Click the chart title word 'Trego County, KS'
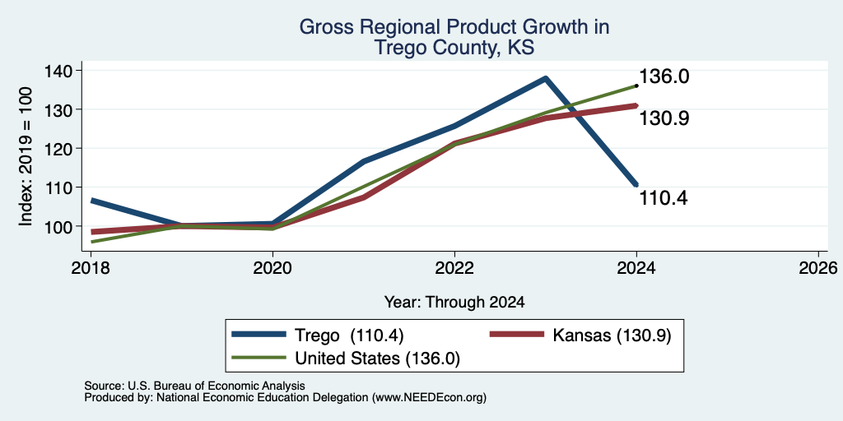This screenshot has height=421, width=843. pyautogui.click(x=454, y=48)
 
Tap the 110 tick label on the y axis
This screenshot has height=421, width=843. pyautogui.click(x=60, y=187)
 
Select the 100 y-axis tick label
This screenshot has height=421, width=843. pyautogui.click(x=60, y=226)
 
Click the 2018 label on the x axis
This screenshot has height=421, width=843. pyautogui.click(x=91, y=267)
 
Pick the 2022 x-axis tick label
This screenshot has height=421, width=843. pyautogui.click(x=454, y=267)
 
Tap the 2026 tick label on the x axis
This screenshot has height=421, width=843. pyautogui.click(x=819, y=267)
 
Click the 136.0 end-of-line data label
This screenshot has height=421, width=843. pyautogui.click(x=664, y=76)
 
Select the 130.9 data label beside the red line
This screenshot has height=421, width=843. pyautogui.click(x=664, y=118)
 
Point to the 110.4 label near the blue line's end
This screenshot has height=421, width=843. pyautogui.click(x=664, y=199)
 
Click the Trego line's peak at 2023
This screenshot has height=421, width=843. pyautogui.click(x=546, y=78)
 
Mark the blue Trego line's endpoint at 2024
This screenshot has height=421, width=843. pyautogui.click(x=636, y=185)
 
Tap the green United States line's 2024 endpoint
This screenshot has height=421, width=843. pyautogui.click(x=636, y=86)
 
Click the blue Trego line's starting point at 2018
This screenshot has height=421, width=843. pyautogui.click(x=92, y=201)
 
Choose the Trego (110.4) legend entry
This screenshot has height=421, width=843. pyautogui.click(x=318, y=335)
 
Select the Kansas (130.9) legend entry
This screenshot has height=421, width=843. pyautogui.click(x=580, y=335)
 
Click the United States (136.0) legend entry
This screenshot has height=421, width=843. pyautogui.click(x=346, y=359)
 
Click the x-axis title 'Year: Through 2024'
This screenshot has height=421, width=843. pyautogui.click(x=454, y=303)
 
